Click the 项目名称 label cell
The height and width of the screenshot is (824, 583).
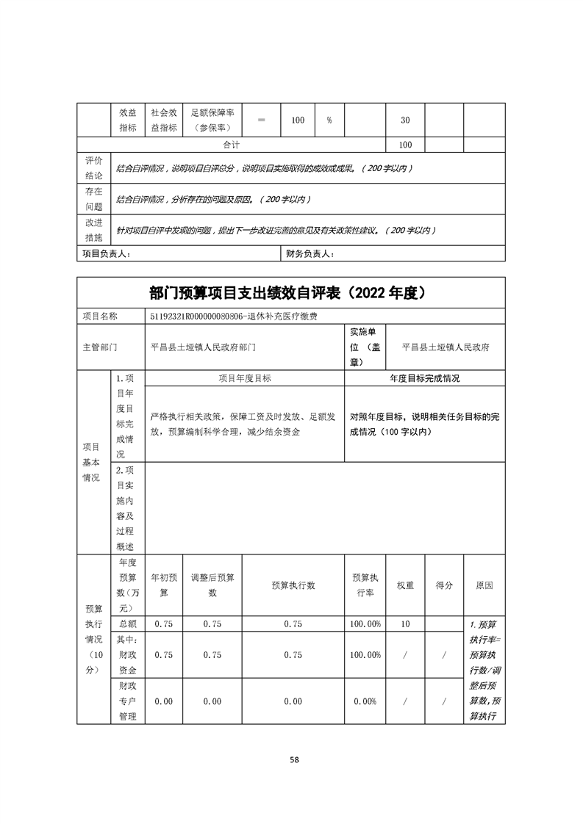coord(99,316)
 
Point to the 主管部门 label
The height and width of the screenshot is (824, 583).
coord(99,347)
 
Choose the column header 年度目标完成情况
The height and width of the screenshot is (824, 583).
coord(424,378)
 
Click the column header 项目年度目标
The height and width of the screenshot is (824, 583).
coord(245,378)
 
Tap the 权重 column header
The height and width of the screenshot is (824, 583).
coord(405,585)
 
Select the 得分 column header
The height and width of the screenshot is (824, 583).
coord(444,585)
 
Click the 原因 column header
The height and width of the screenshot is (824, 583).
coord(484,585)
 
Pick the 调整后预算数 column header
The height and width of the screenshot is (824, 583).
coord(212,585)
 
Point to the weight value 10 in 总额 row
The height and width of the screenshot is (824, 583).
coord(405,624)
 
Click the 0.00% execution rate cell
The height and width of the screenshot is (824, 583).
coord(365,701)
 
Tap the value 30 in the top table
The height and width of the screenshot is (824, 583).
coord(405,120)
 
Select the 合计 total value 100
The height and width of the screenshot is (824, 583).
coord(405,145)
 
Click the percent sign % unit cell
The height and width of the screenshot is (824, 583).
coord(329,120)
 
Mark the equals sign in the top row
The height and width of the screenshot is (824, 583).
coord(261,120)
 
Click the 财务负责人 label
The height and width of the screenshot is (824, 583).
coord(309,254)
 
